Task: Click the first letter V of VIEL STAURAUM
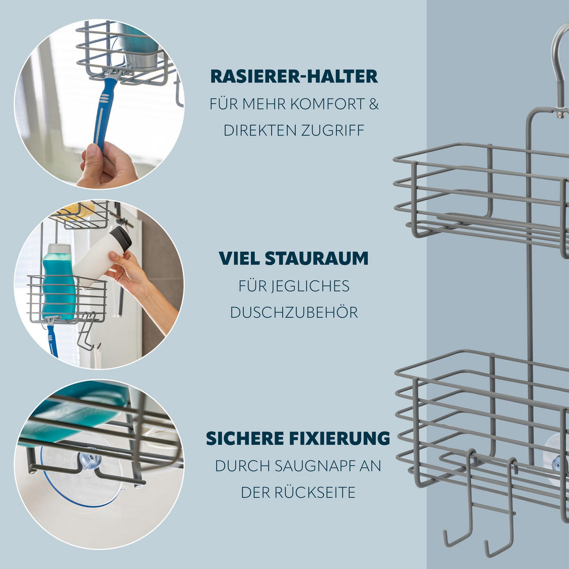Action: [226, 258]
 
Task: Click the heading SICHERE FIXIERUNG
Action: [298, 439]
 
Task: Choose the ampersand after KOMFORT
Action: [374, 104]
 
